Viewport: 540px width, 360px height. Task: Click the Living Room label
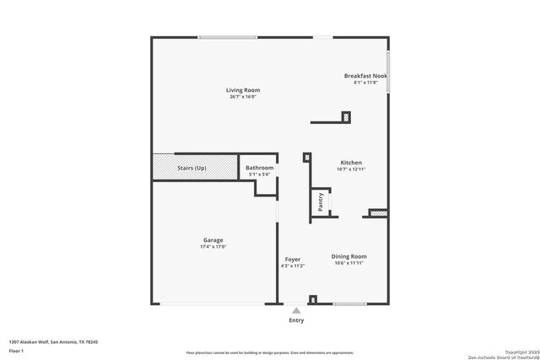point(242,90)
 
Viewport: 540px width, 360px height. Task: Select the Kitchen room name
point(351,163)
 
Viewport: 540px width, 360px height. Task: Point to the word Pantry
point(321,202)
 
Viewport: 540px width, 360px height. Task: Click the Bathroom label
point(259,168)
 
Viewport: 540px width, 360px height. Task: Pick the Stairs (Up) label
point(192,168)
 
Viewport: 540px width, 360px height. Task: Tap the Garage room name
point(213,240)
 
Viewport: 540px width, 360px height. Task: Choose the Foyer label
point(293,260)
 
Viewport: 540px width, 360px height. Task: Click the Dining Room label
point(349,256)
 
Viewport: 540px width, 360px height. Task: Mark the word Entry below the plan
point(296,320)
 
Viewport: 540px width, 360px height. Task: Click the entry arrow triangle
point(296,309)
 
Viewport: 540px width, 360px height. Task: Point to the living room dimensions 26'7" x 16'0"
point(242,97)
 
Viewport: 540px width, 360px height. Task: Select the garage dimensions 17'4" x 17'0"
point(213,247)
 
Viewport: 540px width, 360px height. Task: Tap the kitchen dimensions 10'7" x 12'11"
point(351,169)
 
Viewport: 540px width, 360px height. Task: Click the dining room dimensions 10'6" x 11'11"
point(349,263)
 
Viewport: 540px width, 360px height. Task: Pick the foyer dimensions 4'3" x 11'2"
point(293,266)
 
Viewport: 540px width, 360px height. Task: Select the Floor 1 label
point(16,350)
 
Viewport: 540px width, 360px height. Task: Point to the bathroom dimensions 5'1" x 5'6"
point(259,175)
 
